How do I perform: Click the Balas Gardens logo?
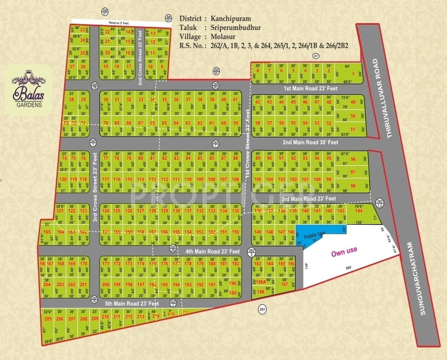point(32,93)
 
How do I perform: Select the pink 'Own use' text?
point(344,253)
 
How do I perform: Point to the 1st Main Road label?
point(307,89)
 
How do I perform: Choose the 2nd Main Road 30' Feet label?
point(310,142)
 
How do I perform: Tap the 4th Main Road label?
point(212,251)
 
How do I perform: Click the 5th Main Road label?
point(131,304)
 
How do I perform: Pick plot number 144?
point(359,211)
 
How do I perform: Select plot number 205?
point(48,319)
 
